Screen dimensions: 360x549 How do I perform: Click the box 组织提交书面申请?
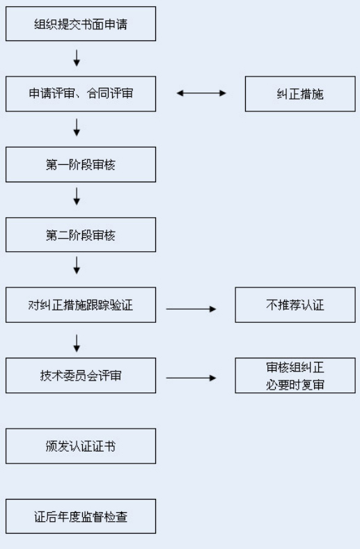(x=81, y=24)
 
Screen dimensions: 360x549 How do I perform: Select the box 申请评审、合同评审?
(x=81, y=94)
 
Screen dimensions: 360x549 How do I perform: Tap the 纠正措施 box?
(x=300, y=94)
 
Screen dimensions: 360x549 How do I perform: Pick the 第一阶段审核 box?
(x=81, y=164)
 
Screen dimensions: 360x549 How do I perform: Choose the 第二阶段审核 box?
(x=81, y=234)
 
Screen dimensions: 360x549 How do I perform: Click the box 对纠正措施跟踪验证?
(x=81, y=305)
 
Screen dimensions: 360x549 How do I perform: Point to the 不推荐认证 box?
(x=295, y=305)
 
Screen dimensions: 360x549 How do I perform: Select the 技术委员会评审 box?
(x=81, y=375)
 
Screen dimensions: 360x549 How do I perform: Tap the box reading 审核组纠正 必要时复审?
(x=295, y=375)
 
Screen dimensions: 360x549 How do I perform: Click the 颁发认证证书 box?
(x=81, y=446)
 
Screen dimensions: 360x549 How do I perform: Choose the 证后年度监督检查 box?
(x=81, y=516)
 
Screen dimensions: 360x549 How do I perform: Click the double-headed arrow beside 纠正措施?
(x=201, y=93)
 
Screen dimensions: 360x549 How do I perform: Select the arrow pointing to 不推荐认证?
(x=191, y=309)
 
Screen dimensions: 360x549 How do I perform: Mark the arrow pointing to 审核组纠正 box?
(x=191, y=378)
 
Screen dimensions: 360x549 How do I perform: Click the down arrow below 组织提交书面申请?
(x=77, y=58)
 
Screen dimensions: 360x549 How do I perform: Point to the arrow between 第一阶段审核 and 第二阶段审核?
(x=77, y=196)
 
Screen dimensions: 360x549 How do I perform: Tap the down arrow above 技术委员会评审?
(x=77, y=344)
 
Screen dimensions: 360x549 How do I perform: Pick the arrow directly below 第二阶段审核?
(x=77, y=265)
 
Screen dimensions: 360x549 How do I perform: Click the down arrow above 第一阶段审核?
(x=77, y=127)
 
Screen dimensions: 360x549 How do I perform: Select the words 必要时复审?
(x=295, y=385)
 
